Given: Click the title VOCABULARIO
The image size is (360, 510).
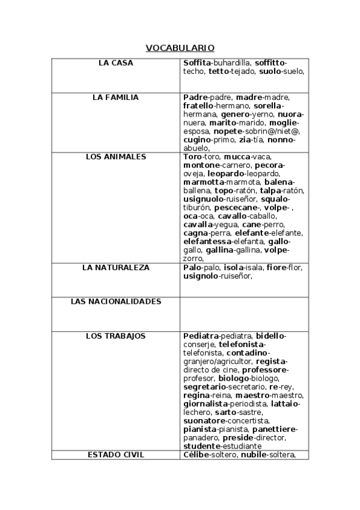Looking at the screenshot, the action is [180, 48].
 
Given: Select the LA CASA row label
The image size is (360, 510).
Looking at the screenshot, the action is [115, 63].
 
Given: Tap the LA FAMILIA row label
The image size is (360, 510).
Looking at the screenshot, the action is [115, 97].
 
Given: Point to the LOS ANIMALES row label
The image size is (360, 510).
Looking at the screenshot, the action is [115, 156].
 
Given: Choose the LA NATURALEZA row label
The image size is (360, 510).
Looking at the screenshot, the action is [115, 268].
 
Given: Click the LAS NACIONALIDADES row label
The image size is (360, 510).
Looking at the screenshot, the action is [115, 301].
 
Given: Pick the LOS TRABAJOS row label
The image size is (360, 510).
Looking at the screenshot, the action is [115, 336].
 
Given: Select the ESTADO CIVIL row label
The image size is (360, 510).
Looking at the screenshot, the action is [115, 455].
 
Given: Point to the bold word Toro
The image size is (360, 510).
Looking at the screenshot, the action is [192, 156].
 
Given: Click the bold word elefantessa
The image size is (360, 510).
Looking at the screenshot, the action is [210, 242].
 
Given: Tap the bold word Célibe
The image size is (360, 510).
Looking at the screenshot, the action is [197, 455].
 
